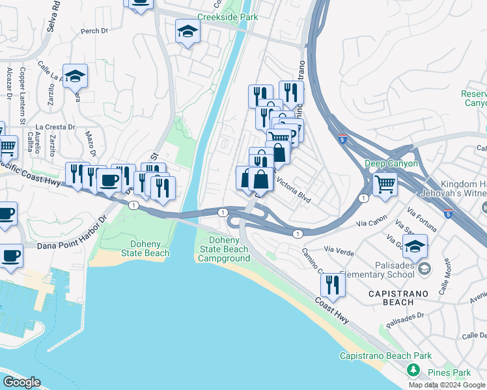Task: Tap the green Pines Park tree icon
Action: coord(412,370)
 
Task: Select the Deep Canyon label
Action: coord(391,163)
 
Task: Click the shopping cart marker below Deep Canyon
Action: coord(385,185)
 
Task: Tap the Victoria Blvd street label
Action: coord(294,190)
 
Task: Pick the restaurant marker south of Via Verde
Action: coord(333,284)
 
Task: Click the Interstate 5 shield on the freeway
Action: coord(342,138)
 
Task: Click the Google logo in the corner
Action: coord(21,382)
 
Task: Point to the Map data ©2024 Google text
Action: coord(447,385)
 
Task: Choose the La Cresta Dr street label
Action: coord(55,127)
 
